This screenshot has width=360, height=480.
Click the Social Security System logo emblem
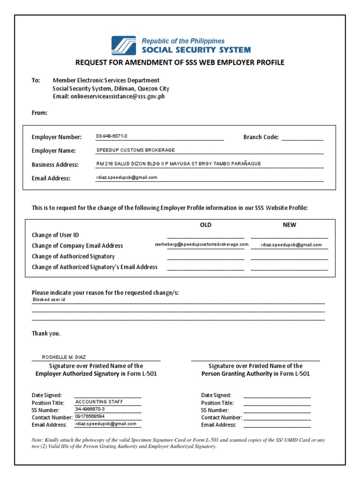pos(124,45)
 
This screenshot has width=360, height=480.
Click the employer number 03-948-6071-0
pos(112,136)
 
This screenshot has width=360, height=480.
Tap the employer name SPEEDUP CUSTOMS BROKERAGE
pos(135,150)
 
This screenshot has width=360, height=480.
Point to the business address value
pos(178,164)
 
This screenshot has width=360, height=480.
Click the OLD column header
pos(206,225)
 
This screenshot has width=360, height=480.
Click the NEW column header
pos(289,225)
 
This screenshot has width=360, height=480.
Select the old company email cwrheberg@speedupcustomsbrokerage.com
pos(202,245)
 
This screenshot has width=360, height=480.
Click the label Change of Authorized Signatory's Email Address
pos(95,267)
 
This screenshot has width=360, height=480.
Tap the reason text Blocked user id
pos(49,300)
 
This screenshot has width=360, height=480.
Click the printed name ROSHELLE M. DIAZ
pos(64,357)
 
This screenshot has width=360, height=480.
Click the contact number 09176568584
pos(90,416)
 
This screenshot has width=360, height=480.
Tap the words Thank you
pos(46,334)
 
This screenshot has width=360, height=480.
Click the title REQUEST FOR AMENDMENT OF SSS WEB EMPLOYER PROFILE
pos(180,63)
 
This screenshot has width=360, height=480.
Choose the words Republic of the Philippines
pos(183,41)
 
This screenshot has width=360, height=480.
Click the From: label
pos(39,113)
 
